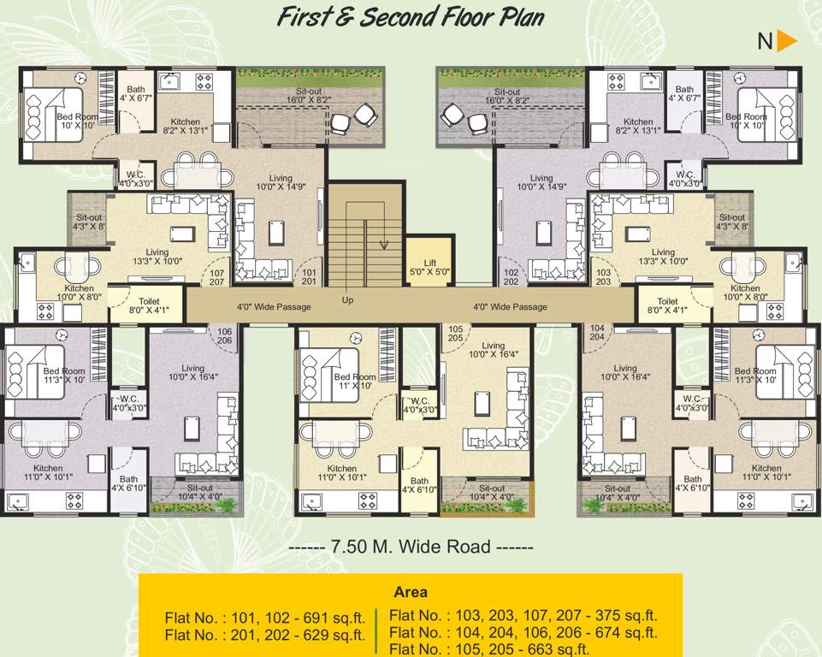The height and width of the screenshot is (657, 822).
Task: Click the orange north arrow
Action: [787, 40]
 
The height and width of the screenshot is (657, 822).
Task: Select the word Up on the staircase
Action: [347, 300]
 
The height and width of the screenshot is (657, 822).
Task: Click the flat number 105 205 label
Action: [455, 333]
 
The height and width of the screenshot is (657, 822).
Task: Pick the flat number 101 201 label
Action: [309, 277]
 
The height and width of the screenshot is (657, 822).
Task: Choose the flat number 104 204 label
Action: [596, 333]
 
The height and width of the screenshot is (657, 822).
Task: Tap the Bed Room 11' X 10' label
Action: [354, 382]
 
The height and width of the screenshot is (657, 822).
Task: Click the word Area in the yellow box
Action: [411, 592]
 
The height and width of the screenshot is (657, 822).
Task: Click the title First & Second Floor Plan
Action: [410, 18]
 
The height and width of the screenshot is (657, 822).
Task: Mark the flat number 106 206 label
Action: [224, 335]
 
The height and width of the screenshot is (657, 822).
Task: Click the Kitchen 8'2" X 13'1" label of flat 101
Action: [186, 127]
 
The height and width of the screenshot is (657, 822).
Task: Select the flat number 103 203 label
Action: [603, 277]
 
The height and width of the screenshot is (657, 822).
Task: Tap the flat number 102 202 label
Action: [512, 277]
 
